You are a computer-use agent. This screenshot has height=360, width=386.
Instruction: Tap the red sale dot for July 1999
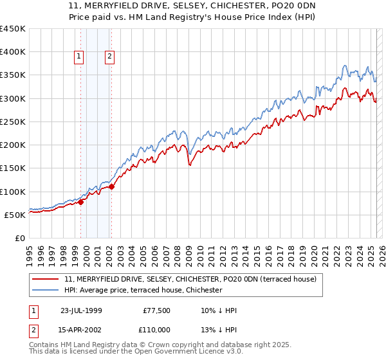click(81, 203)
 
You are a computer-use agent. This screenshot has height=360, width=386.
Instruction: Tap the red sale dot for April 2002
click(111, 187)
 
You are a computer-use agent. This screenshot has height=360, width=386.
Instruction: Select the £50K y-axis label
click(15, 215)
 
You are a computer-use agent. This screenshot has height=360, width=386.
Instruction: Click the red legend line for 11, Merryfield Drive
click(46, 280)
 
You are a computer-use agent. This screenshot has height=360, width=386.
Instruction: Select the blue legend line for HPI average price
click(46, 291)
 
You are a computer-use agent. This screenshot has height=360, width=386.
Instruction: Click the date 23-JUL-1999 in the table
click(81, 310)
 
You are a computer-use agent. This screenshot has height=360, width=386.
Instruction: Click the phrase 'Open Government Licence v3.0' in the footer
click(191, 353)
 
